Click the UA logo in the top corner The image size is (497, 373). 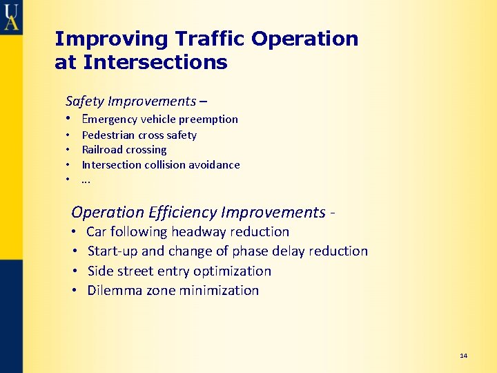11,16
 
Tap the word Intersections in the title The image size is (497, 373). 155,63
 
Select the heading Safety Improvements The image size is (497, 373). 131,101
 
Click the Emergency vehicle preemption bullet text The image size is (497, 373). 159,119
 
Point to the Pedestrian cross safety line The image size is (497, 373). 139,135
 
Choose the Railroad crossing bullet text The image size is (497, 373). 124,150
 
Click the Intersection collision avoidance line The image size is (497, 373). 161,164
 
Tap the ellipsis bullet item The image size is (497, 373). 86,180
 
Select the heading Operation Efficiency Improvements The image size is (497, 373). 199,212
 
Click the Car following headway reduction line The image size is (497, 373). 188,232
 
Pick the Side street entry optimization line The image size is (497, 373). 179,271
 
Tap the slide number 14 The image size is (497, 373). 463,356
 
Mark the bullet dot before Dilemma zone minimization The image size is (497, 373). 73,291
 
